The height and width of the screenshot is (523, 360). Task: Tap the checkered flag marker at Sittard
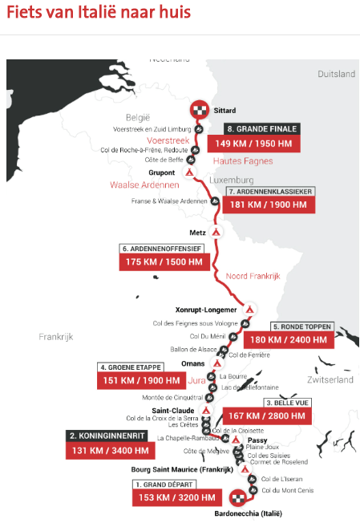(199, 111)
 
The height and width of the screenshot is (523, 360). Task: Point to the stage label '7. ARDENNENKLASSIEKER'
(271, 192)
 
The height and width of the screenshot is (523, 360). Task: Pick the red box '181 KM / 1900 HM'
(271, 205)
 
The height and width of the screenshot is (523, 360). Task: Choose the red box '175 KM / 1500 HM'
(165, 262)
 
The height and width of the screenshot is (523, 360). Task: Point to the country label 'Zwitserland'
(329, 379)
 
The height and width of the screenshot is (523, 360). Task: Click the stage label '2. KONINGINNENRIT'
(107, 436)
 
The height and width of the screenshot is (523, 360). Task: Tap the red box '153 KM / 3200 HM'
(174, 497)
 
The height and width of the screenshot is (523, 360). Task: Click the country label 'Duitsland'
(336, 74)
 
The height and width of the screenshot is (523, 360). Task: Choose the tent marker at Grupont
(189, 172)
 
